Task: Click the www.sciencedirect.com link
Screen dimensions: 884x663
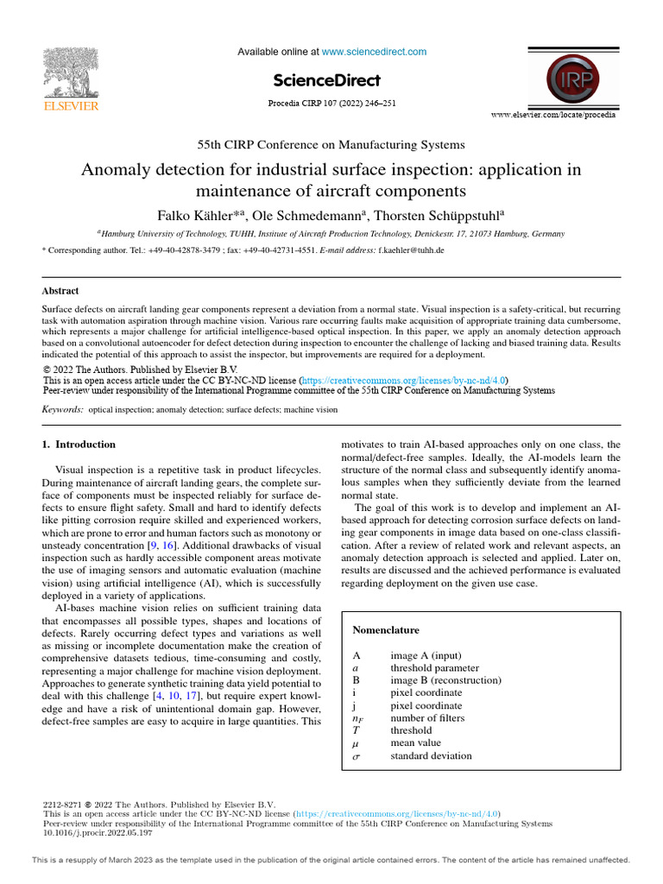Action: (x=374, y=52)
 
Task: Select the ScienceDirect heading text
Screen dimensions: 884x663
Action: (x=326, y=81)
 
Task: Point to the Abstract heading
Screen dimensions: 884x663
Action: (x=60, y=292)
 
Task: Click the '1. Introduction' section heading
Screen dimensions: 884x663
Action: (x=79, y=445)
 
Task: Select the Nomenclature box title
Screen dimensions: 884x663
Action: (x=386, y=630)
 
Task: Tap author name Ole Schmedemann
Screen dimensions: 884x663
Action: (x=308, y=214)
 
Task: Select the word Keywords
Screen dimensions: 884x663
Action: (x=63, y=409)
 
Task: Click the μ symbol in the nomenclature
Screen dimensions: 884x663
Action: (x=357, y=743)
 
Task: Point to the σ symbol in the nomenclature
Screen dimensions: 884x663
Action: (x=357, y=756)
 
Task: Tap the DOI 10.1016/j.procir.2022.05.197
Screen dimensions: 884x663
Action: (x=98, y=833)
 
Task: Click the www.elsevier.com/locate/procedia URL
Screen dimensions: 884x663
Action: (x=553, y=115)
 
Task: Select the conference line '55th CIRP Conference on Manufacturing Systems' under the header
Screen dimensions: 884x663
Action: (x=331, y=145)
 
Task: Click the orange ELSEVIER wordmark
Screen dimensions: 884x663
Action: (x=71, y=107)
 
